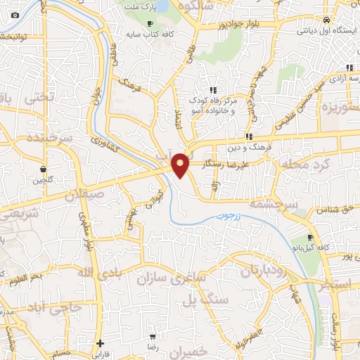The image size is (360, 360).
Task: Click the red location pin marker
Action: (x=181, y=165)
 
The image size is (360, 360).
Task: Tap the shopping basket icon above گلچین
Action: (x=44, y=169)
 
